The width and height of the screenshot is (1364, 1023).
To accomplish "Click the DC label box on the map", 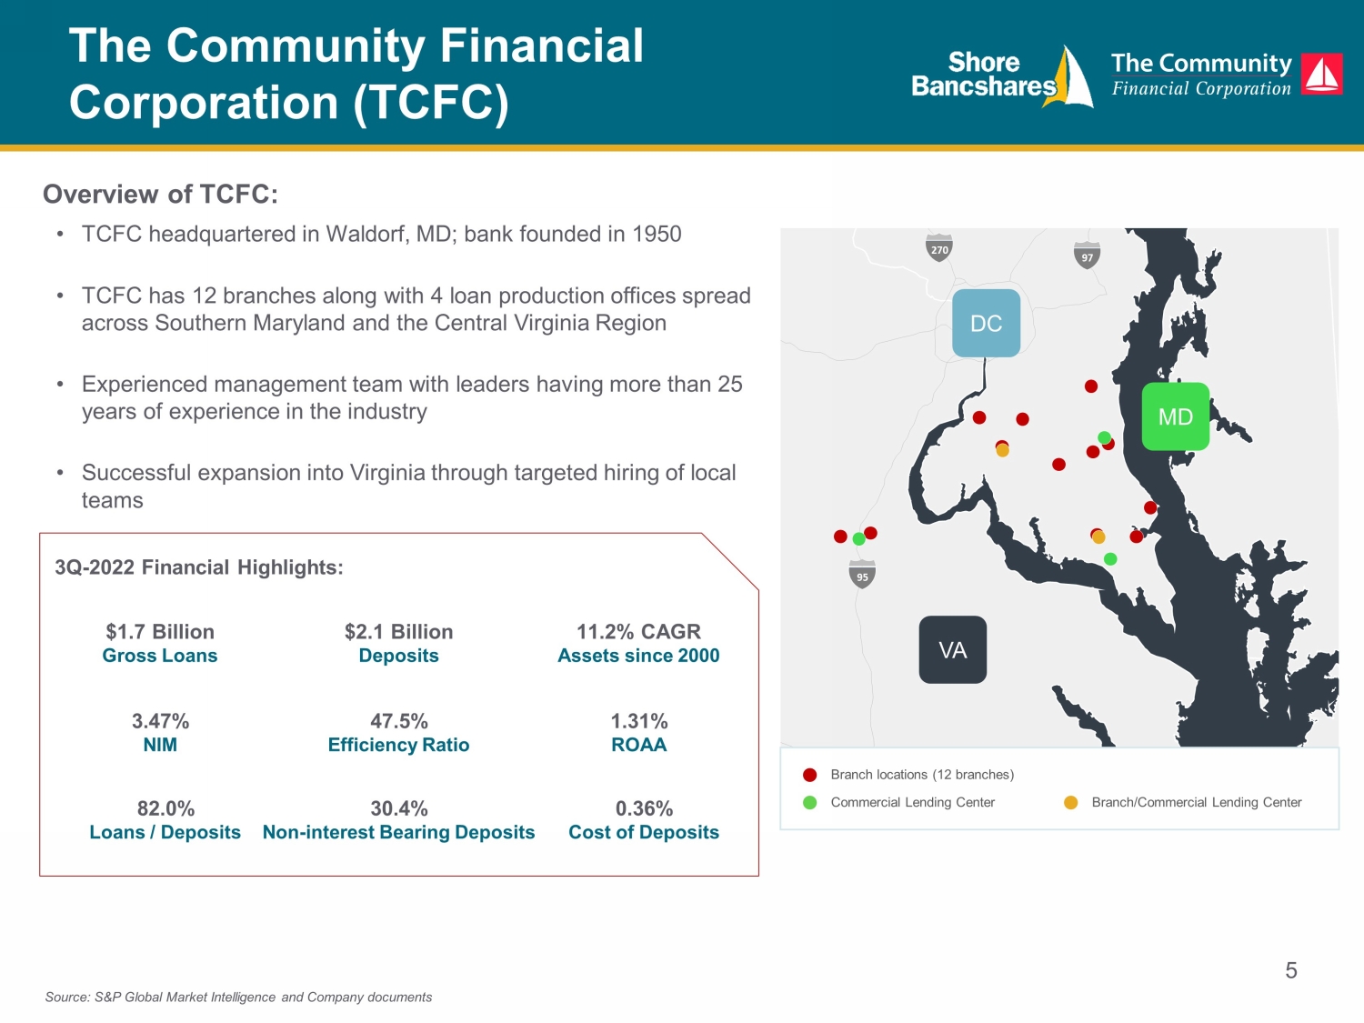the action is click(x=987, y=323).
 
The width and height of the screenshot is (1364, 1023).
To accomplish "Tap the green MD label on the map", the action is click(x=1176, y=416).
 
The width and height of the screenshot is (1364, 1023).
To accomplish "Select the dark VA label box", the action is click(x=953, y=649).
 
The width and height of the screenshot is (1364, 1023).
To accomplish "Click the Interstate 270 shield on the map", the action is click(x=939, y=248).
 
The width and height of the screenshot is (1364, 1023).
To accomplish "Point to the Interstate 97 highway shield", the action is click(x=1087, y=256).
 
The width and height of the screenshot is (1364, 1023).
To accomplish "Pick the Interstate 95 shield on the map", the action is click(x=862, y=575).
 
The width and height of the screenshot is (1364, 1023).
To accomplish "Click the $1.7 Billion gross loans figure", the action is click(x=160, y=632).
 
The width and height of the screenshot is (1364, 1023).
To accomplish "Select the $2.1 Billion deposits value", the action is click(x=399, y=632).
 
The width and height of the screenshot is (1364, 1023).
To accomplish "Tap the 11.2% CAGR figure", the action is click(x=639, y=632).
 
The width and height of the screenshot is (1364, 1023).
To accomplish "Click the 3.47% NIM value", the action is click(x=160, y=721).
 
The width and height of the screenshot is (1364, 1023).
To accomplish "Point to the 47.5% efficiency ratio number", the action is click(x=399, y=721).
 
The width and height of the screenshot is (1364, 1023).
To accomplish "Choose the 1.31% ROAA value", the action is click(x=639, y=721).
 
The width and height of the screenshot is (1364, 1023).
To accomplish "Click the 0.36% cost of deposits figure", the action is click(x=644, y=808).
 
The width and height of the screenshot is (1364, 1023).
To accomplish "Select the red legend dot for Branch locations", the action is click(x=809, y=775).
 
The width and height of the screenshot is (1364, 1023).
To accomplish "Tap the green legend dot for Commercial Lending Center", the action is click(x=809, y=803).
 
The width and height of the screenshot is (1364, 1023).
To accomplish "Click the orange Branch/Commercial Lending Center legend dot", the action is click(x=1070, y=803).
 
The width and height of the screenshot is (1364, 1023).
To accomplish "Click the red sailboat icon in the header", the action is click(x=1322, y=74).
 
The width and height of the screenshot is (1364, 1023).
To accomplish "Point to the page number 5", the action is click(x=1291, y=970).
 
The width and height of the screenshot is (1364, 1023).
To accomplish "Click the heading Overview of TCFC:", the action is click(x=160, y=194).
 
